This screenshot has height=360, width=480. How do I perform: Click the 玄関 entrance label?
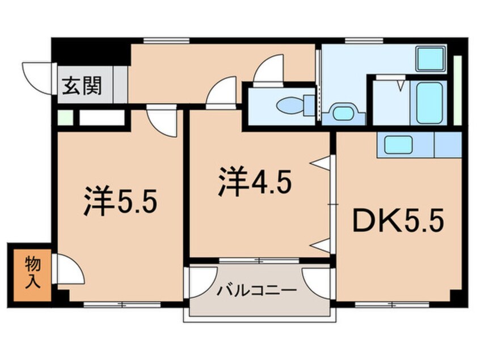pos(82,86)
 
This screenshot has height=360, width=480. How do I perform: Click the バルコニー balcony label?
pos(257,291)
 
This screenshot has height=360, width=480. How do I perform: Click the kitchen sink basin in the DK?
pos(398,145)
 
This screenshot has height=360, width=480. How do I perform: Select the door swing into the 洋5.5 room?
pos(159,121)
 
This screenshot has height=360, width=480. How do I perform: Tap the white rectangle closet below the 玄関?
pos(101,119)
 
